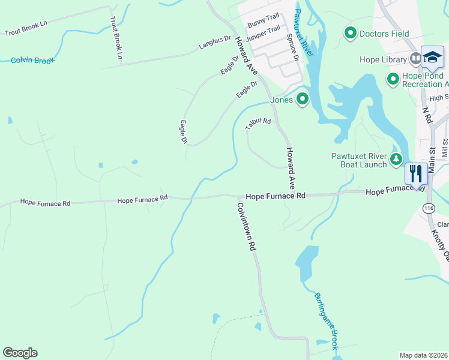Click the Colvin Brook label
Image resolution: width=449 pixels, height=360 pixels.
(x=33, y=61)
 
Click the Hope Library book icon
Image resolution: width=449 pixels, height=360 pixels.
(x=415, y=59)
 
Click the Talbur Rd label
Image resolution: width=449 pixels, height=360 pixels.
(x=258, y=124)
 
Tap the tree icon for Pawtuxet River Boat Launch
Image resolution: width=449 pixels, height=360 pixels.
(x=396, y=160)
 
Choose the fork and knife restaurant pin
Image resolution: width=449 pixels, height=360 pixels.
(x=416, y=173)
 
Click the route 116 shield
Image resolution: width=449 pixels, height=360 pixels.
(x=427, y=208)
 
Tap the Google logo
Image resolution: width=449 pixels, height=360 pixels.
(x=20, y=353)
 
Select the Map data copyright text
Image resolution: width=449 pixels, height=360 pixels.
(x=424, y=355)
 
